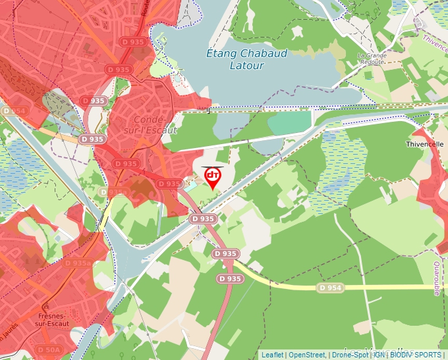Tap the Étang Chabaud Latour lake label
pos(247,59)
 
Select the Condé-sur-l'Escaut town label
pos(155,124)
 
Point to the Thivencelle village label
pos(425,143)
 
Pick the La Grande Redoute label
pos(372,59)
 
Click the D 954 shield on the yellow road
pos(330,288)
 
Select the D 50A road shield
pos(49,349)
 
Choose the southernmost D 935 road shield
pos(230,279)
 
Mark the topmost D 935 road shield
pos(134,41)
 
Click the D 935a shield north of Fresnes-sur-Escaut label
pos(78,263)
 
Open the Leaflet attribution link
pos(272,355)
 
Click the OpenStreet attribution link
pos(307,355)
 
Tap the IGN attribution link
pos(380,355)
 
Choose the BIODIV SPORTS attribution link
pos(416,355)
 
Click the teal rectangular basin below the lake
pos(289,122)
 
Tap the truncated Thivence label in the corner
pos(434,41)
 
